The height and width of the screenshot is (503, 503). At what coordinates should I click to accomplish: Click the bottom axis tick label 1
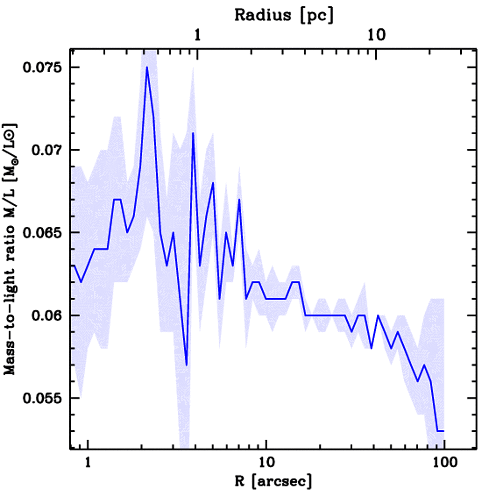tap(88, 463)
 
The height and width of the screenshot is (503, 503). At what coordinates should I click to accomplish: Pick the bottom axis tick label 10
tap(266, 463)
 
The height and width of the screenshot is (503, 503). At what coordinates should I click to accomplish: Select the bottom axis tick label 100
tap(444, 463)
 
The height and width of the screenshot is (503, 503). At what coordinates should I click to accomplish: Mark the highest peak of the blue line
tap(147, 67)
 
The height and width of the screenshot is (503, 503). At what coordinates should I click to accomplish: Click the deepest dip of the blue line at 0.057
tap(186, 365)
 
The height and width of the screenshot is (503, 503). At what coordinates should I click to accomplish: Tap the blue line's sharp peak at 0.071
tap(193, 133)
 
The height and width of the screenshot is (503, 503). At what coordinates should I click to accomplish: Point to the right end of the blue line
tap(444, 431)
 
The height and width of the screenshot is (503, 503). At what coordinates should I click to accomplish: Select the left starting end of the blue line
tap(72, 265)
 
